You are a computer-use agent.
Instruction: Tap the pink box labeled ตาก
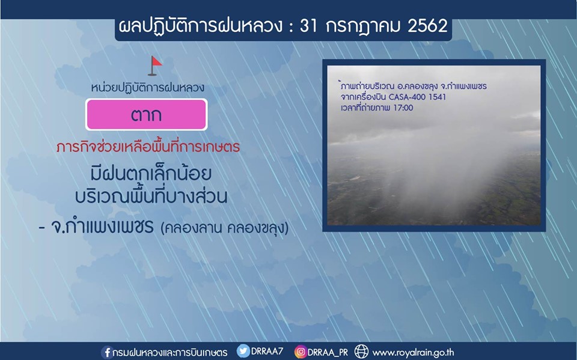[147, 114]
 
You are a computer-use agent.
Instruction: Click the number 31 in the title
[308, 26]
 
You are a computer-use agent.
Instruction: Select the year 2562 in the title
[427, 26]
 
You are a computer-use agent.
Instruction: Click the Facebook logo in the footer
[107, 352]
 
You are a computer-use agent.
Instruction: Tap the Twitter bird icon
[243, 351]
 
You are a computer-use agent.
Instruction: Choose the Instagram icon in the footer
[301, 352]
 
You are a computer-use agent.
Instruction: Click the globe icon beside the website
[361, 352]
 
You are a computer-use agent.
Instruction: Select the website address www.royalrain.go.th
[414, 353]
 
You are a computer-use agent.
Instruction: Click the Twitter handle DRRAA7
[267, 351]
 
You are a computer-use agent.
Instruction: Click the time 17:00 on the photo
[403, 108]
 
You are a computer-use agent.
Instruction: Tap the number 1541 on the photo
[437, 97]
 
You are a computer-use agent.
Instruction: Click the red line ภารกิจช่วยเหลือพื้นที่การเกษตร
[148, 147]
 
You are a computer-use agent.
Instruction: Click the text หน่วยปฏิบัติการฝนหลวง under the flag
[148, 88]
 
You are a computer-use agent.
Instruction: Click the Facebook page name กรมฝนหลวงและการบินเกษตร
[170, 353]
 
